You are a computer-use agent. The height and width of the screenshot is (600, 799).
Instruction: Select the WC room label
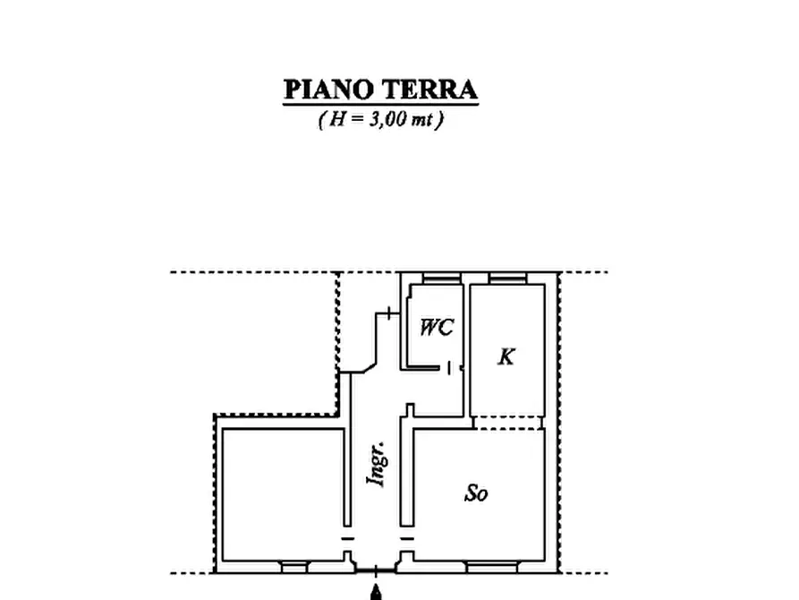(437, 328)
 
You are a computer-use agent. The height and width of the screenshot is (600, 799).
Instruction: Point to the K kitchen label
(506, 357)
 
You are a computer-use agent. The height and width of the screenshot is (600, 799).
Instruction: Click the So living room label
(476, 493)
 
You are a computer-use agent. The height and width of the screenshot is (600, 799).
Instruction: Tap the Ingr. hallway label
(378, 463)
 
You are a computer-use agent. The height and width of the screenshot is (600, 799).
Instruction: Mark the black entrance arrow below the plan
(377, 591)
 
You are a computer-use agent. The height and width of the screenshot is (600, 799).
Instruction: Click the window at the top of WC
(437, 279)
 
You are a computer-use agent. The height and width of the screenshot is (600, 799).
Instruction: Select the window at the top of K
(507, 279)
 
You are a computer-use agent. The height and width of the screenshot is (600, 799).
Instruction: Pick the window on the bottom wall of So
(490, 566)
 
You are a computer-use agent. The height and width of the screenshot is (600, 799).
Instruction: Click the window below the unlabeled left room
(293, 566)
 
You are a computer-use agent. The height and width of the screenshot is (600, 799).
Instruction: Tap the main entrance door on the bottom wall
(377, 569)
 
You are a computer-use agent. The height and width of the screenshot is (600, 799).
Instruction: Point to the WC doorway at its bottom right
(455, 367)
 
